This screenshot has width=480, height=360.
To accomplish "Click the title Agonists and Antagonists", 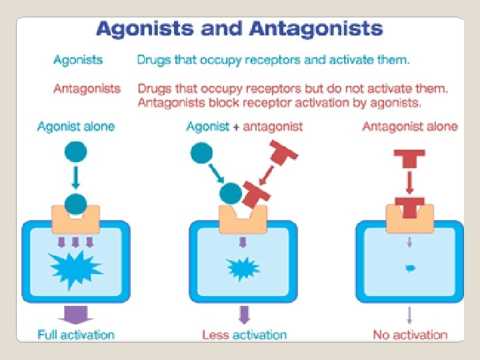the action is point(239,30).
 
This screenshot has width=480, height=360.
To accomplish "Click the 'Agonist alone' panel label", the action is point(76,127).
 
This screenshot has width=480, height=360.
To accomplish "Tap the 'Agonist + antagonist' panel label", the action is point(245,127).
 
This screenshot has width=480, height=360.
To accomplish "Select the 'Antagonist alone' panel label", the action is point(410,127).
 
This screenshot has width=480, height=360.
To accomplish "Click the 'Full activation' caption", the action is point(76,335).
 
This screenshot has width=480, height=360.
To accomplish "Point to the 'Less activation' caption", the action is point(245,335).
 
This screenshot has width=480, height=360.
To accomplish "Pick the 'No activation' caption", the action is point(410,335).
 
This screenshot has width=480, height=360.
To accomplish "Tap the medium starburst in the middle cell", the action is point(243,268).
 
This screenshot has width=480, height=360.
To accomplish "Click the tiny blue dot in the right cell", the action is point(410,268).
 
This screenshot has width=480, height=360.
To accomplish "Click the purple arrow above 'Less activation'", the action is point(244,314).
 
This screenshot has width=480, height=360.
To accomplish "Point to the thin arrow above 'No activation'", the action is point(410,314).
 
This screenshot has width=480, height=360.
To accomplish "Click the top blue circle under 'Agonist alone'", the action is point(76,152).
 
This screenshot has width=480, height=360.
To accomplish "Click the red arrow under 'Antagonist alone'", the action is point(410,181).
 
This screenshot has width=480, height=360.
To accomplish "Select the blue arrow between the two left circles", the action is point(76,177).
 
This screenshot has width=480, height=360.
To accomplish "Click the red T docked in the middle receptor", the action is point(256,195).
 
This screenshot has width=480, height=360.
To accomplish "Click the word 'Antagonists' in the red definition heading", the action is point(87,88).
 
